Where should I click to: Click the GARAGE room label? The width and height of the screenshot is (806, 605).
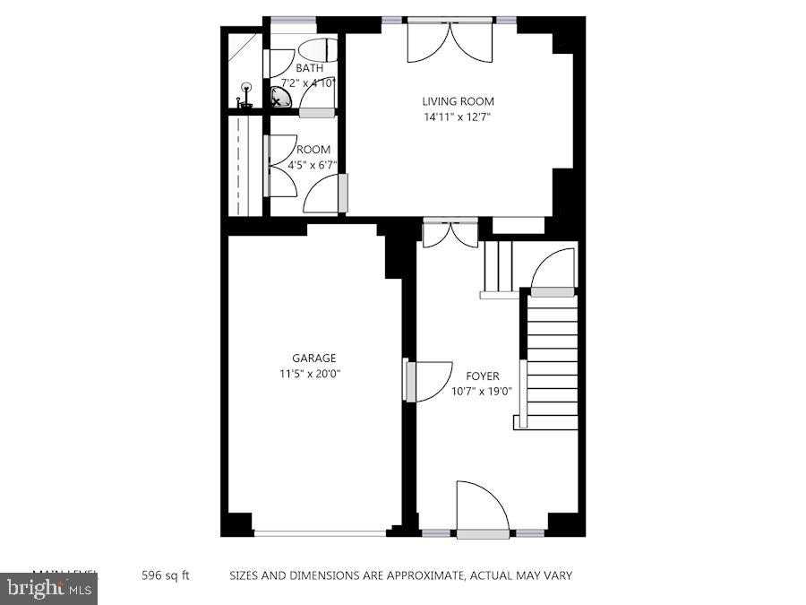pos(313,358)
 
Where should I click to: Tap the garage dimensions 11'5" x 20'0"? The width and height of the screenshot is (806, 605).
pos(310,374)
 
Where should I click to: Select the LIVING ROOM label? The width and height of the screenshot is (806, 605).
pos(459,101)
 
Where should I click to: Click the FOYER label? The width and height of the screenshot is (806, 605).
pos(482,376)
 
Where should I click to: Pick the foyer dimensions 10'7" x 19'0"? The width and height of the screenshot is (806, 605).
pos(482,391)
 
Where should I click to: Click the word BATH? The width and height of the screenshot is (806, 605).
pos(310,68)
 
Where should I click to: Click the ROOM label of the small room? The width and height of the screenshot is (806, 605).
pos(313,150)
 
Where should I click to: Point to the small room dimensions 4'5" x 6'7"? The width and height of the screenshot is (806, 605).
pos(309,165)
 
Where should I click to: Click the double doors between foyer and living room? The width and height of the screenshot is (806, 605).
pos(450,232)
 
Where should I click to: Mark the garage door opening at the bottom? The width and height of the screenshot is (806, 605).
pos(319,533)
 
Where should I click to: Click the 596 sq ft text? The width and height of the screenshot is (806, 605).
pos(166,575)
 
